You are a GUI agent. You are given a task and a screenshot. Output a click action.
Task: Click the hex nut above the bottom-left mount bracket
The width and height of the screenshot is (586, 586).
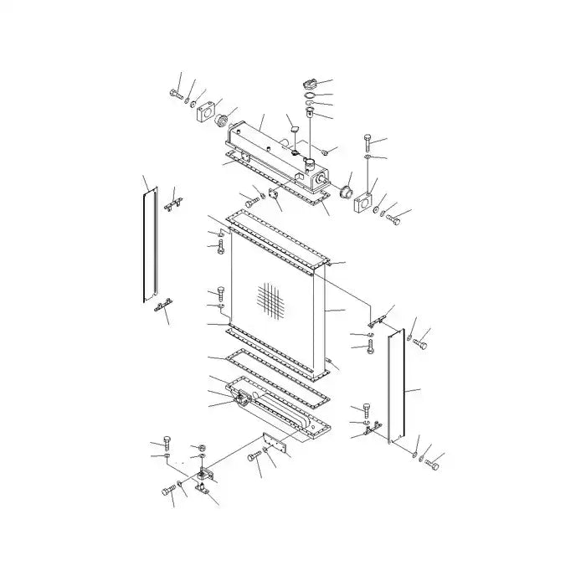coord(199,446)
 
